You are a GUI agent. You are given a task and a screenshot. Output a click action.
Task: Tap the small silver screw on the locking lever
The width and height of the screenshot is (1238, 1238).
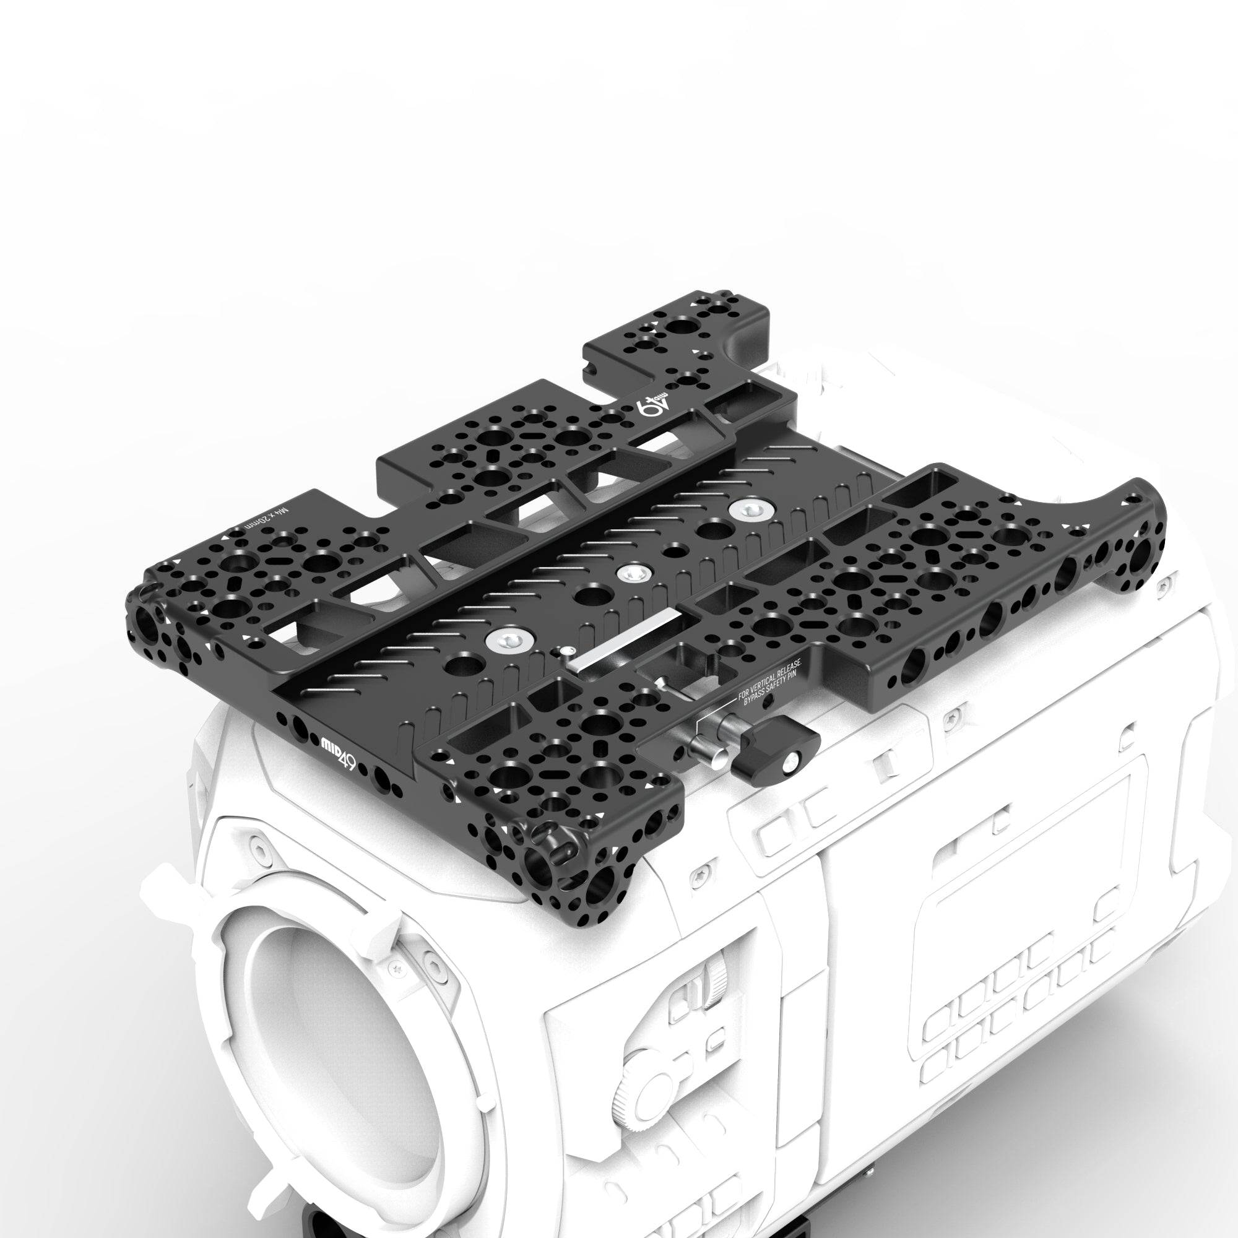[794, 761]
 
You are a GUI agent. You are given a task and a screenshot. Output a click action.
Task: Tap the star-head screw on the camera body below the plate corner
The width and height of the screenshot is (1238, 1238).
[700, 875]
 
